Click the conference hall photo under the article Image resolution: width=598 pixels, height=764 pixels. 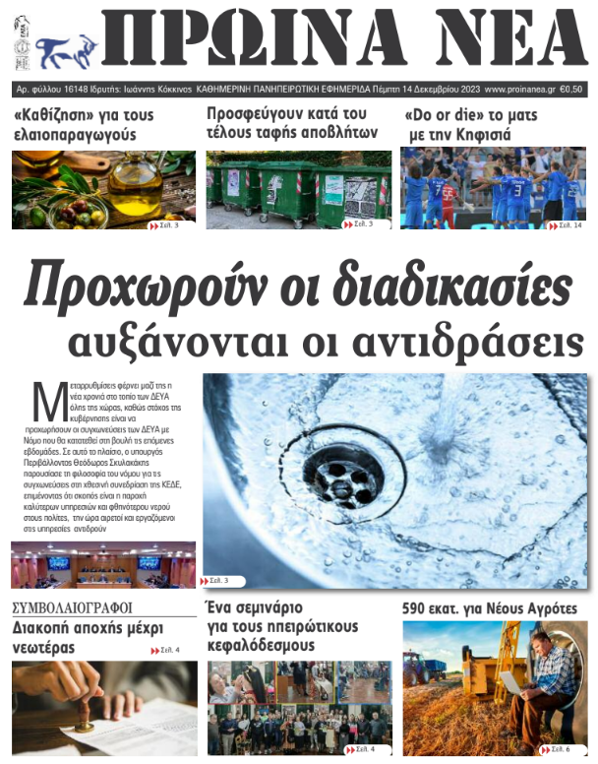pos(103,564)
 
